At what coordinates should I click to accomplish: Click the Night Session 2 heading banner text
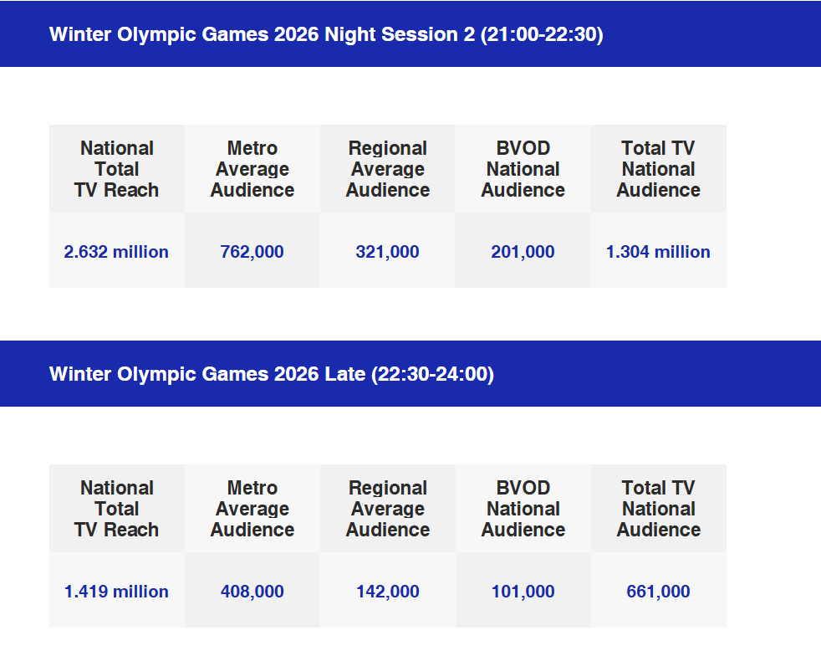click(326, 34)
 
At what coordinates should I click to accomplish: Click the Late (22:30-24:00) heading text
click(272, 374)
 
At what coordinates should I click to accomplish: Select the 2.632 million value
click(116, 252)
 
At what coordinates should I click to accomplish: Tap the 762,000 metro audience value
click(252, 252)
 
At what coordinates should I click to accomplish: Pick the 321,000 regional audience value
click(387, 252)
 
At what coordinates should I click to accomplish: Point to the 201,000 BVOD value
click(523, 252)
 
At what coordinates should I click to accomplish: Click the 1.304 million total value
click(658, 252)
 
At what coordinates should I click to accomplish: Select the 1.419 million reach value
click(116, 592)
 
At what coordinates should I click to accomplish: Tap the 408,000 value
click(252, 592)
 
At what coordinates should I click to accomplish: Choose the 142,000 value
click(387, 592)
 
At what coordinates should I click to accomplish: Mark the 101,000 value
click(523, 592)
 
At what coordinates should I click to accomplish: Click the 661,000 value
click(658, 592)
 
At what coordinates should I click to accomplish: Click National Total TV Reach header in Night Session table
click(116, 169)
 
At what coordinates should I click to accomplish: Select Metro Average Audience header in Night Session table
click(252, 169)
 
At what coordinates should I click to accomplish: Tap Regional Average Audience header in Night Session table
click(387, 169)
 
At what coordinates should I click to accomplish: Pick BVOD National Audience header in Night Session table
click(523, 169)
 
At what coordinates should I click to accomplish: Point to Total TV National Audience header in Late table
click(658, 509)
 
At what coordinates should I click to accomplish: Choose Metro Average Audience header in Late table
click(252, 509)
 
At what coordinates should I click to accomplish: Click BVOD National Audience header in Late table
click(523, 509)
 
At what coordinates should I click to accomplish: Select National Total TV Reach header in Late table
click(116, 509)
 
